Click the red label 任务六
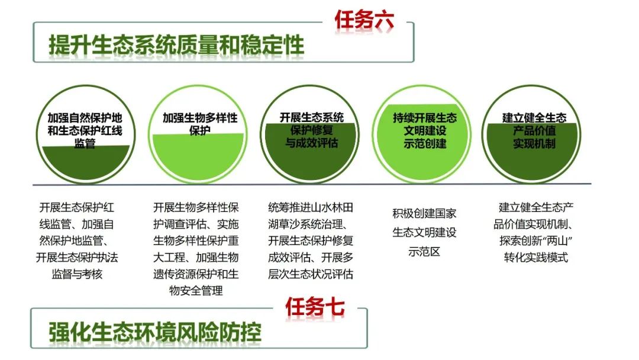364,20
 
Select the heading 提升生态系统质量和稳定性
176,45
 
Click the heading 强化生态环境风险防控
155,332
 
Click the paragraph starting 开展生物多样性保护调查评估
196,249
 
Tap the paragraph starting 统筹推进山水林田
311,241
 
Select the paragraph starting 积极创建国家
424,232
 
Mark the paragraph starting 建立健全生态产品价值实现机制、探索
536,233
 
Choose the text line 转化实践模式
536,258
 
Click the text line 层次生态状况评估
311,274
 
